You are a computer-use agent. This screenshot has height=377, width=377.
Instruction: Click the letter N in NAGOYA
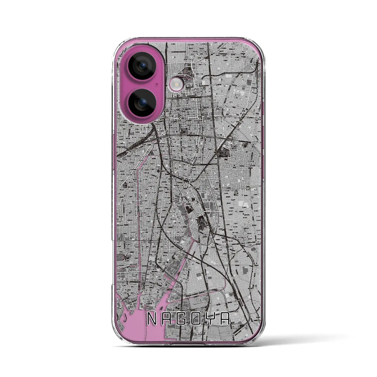click(x=151, y=319)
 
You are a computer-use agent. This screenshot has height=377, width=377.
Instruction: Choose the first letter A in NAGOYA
click(x=167, y=319)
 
